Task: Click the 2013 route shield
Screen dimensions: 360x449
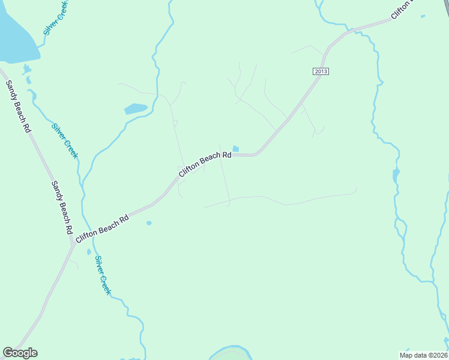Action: (x=321, y=71)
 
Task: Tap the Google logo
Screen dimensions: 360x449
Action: (x=20, y=353)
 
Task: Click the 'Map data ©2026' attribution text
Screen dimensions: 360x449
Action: (x=424, y=355)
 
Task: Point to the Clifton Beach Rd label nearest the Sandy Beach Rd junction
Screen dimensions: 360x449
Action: (x=102, y=229)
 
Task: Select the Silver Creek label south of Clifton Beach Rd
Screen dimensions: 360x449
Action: (x=103, y=275)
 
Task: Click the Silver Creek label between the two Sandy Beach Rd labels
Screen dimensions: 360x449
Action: (x=65, y=141)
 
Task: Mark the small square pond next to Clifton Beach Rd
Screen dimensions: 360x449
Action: (x=235, y=149)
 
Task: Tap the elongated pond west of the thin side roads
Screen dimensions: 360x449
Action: (x=136, y=109)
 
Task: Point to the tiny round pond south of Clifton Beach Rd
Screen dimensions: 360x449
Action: (x=149, y=223)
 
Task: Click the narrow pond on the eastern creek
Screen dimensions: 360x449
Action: (x=396, y=176)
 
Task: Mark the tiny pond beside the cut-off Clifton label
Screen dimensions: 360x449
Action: (x=423, y=16)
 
